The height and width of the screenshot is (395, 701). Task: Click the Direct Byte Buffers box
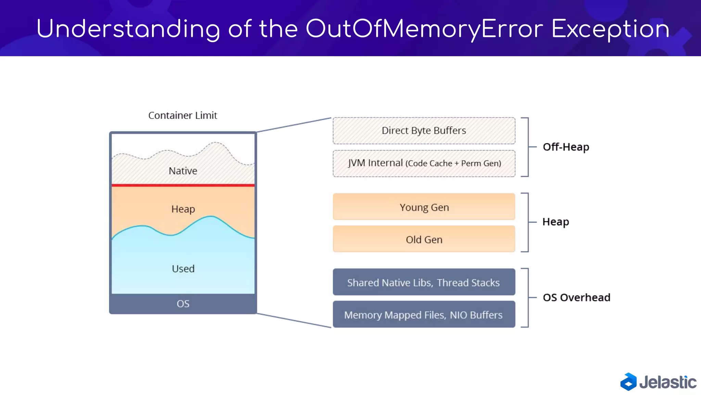[x=424, y=131]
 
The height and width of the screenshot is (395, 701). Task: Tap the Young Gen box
[x=424, y=207]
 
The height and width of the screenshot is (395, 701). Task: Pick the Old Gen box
[x=424, y=239]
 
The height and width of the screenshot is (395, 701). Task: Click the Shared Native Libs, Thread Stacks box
[x=424, y=282]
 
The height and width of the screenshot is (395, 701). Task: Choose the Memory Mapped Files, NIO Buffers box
[x=424, y=314]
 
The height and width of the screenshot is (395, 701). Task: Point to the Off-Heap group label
[x=566, y=147]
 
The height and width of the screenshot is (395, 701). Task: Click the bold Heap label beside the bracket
[x=556, y=222]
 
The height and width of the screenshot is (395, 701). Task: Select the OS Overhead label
[x=576, y=297]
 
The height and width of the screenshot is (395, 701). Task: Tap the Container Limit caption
[x=182, y=116]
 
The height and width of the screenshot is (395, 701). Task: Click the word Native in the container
[x=183, y=171]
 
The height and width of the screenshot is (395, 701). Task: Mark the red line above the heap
[x=183, y=185]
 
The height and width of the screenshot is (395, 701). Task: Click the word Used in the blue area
[x=183, y=268]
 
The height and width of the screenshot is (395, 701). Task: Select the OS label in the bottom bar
[x=183, y=304]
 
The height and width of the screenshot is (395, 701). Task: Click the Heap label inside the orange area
[x=183, y=209]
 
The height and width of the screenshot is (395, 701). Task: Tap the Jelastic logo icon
[x=628, y=382]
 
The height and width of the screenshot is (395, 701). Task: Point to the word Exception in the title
[x=610, y=29]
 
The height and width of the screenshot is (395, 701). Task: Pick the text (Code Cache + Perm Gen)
[x=453, y=164]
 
